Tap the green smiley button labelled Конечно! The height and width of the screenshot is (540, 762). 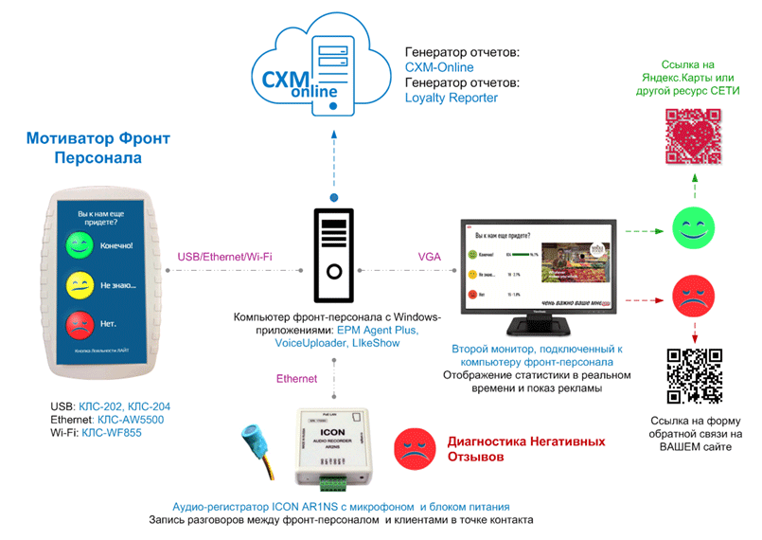coord(78,245)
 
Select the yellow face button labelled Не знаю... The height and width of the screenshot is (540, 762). coord(78,285)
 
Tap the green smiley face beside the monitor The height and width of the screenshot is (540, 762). coord(691,226)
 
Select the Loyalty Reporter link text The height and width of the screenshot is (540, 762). coord(451,98)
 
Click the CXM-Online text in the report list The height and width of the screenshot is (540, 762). coord(439,67)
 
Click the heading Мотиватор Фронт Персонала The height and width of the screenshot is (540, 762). coord(98,147)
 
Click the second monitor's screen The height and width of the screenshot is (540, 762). coord(538,265)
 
